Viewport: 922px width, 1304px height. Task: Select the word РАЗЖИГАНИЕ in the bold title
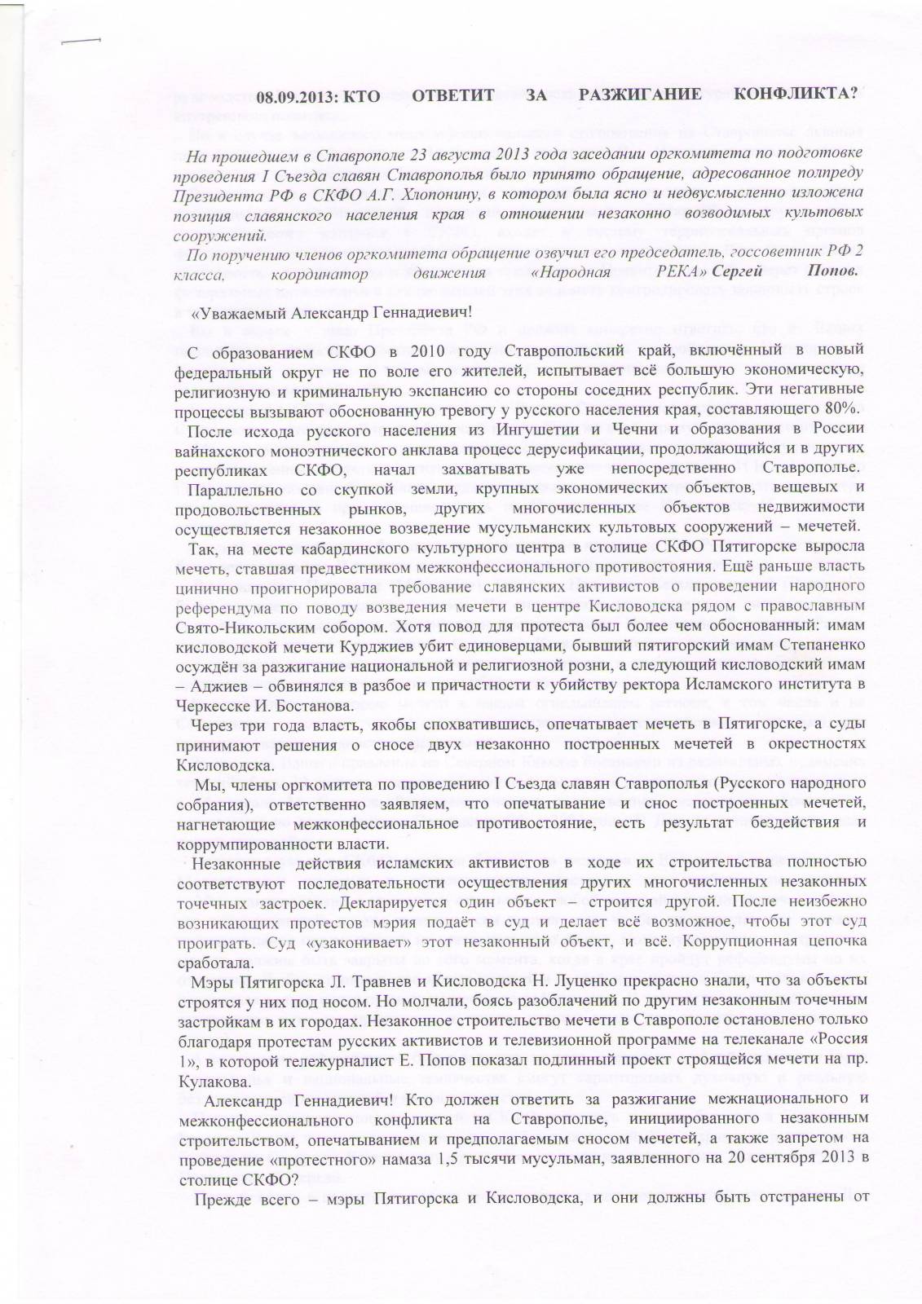click(x=640, y=95)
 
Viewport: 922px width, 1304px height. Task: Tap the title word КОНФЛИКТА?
click(x=795, y=95)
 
